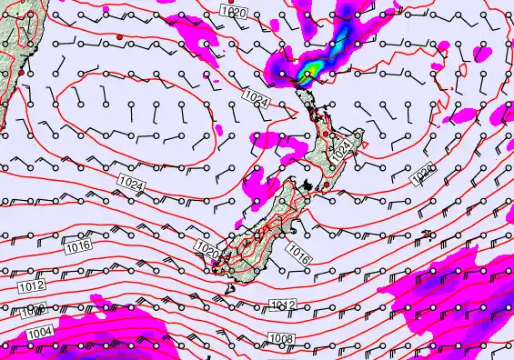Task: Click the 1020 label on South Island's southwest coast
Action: (x=207, y=248)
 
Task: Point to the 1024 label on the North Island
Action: (x=340, y=150)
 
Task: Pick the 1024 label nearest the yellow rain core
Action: (x=256, y=95)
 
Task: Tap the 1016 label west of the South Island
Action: (x=77, y=245)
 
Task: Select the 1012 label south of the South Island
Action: (x=283, y=305)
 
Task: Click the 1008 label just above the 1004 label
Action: (x=34, y=309)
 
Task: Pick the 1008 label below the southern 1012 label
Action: (x=281, y=339)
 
